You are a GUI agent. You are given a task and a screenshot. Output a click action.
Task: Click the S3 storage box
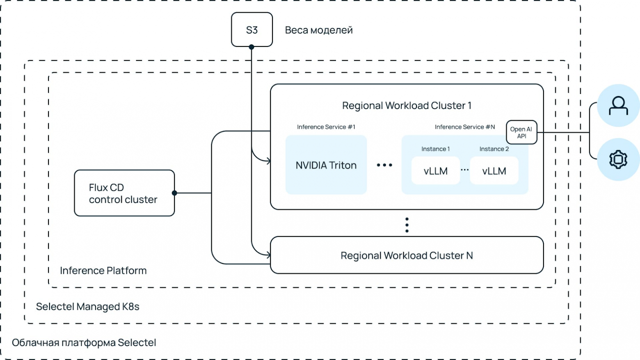pyautogui.click(x=252, y=30)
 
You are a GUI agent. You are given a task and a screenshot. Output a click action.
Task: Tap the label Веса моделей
pyautogui.click(x=319, y=30)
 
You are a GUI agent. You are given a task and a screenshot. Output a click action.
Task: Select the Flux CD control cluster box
pyautogui.click(x=124, y=193)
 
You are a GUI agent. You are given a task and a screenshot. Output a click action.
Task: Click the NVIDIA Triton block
pyautogui.click(x=326, y=165)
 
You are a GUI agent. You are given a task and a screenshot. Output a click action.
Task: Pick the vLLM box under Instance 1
pyautogui.click(x=435, y=171)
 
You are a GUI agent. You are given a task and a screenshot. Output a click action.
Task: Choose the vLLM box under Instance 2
pyautogui.click(x=494, y=171)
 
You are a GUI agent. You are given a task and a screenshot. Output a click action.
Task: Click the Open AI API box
pyautogui.click(x=521, y=132)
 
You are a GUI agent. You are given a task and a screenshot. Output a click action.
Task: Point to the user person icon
pyautogui.click(x=618, y=105)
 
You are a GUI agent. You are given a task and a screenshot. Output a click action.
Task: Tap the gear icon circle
pyautogui.click(x=618, y=159)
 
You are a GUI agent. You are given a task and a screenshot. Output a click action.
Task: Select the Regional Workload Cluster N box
pyautogui.click(x=407, y=255)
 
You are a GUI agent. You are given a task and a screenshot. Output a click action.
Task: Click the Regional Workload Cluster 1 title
pyautogui.click(x=407, y=105)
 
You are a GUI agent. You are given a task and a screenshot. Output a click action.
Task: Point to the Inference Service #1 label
pyautogui.click(x=326, y=127)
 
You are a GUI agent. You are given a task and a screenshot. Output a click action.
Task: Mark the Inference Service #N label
pyautogui.click(x=465, y=127)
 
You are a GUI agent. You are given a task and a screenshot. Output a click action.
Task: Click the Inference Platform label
pyautogui.click(x=103, y=271)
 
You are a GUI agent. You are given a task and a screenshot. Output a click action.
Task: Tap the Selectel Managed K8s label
pyautogui.click(x=88, y=307)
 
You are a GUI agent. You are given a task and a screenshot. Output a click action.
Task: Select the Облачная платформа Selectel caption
pyautogui.click(x=84, y=342)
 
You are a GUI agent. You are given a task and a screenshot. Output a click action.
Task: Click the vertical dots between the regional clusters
pyautogui.click(x=407, y=225)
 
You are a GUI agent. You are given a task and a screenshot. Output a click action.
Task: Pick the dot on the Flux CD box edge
pyautogui.click(x=174, y=193)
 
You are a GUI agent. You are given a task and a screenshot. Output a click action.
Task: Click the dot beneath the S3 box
pyautogui.click(x=251, y=47)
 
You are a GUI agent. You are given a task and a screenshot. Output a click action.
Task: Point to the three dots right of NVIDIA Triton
pyautogui.click(x=384, y=165)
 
